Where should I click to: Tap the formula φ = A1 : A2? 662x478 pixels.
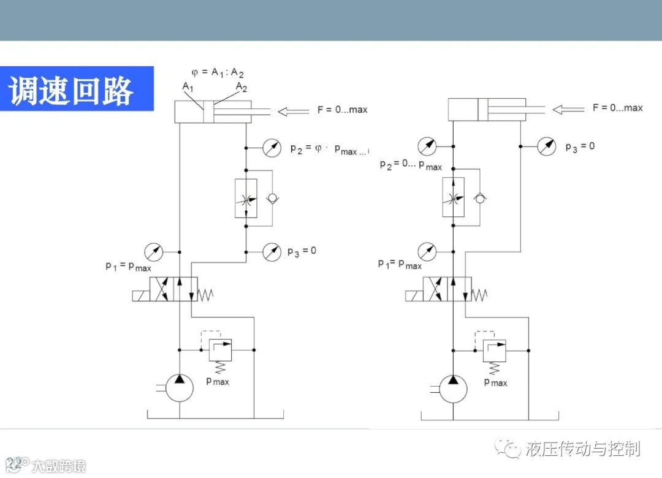click(x=218, y=72)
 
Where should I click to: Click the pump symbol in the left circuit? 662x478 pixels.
click(x=180, y=387)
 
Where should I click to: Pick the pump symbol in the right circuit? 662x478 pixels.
click(x=453, y=387)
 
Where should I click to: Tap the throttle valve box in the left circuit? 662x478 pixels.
click(x=246, y=198)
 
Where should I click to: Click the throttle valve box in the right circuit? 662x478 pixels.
click(x=454, y=197)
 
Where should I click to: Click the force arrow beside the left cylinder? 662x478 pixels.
click(x=294, y=112)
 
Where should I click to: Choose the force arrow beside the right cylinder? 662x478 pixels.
click(x=568, y=110)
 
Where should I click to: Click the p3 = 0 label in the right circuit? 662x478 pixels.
click(x=579, y=147)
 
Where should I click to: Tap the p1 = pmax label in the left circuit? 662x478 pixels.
click(x=127, y=267)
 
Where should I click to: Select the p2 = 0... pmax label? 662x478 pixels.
click(x=410, y=165)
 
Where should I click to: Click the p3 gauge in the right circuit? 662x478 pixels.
click(x=546, y=146)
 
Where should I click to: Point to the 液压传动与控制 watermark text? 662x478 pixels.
click(x=582, y=449)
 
